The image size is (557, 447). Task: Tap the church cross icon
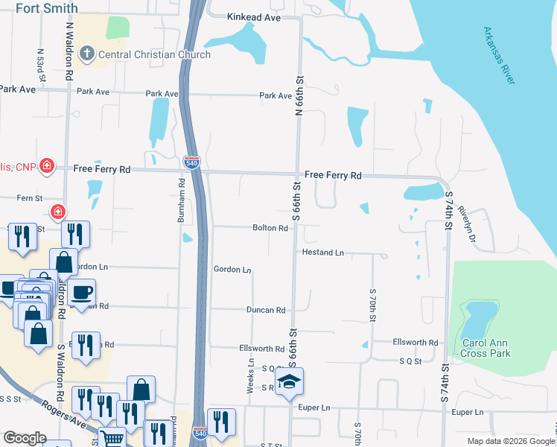pyautogui.click(x=87, y=54)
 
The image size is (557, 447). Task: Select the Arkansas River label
pyautogui.click(x=500, y=57)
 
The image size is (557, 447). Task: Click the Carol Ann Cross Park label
pyautogui.click(x=486, y=348)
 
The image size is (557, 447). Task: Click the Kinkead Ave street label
pyautogui.click(x=253, y=16)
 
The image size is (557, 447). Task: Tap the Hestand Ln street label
pyautogui.click(x=322, y=253)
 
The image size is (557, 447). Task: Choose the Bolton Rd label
pyautogui.click(x=270, y=228)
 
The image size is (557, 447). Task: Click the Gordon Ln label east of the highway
pyautogui.click(x=232, y=270)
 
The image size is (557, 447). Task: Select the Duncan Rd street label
pyautogui.click(x=266, y=310)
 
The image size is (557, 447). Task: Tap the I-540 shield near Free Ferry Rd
pyautogui.click(x=191, y=162)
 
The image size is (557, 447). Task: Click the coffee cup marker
pyautogui.click(x=81, y=291)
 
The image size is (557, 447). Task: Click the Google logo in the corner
pyautogui.click(x=25, y=438)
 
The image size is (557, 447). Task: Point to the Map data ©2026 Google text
pyautogui.click(x=511, y=441)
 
